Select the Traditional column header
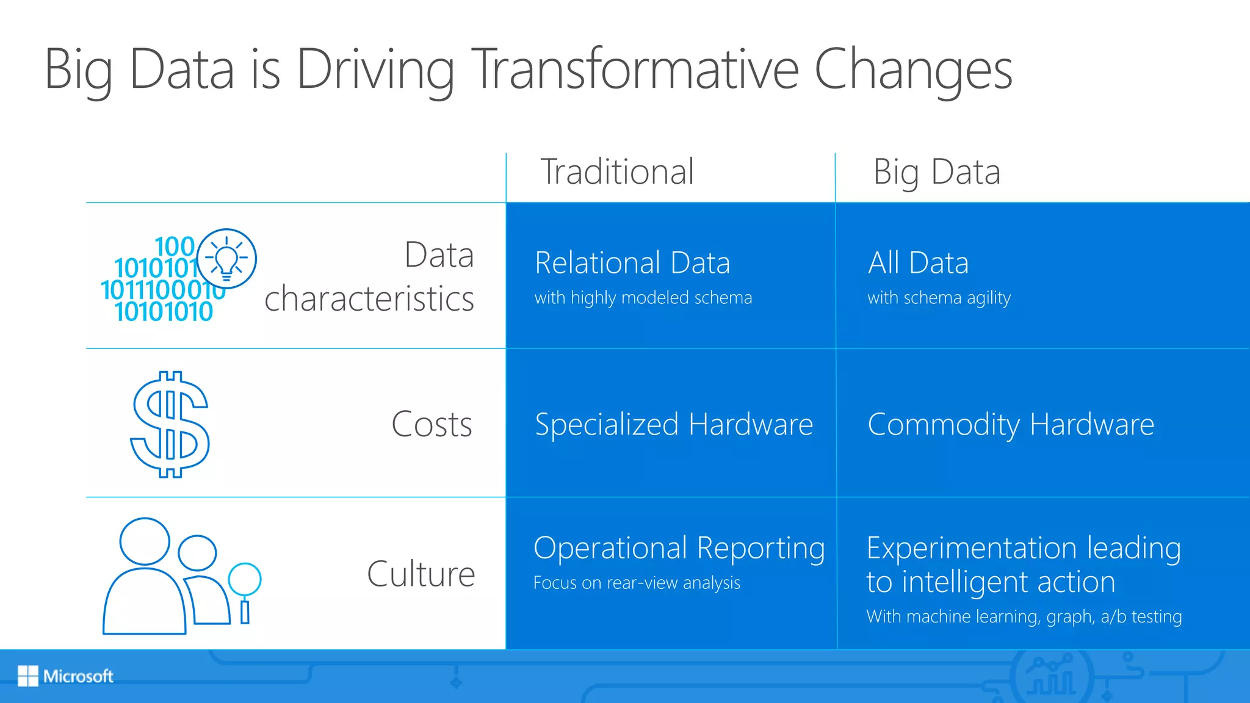[x=617, y=171]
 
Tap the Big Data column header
[x=936, y=171]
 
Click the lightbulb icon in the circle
[x=227, y=259]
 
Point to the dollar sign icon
[x=170, y=424]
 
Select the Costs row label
[x=432, y=424]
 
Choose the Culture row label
[x=421, y=574]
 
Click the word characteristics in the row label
[x=369, y=299]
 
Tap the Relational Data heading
[x=632, y=263]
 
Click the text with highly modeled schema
[x=643, y=298]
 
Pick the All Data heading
[x=918, y=263]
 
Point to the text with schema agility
[x=939, y=298]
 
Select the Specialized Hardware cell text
[x=673, y=424]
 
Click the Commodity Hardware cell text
[x=1011, y=424]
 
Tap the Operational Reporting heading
[x=679, y=548]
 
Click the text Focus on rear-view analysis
[x=637, y=583]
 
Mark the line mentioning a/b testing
[x=1024, y=616]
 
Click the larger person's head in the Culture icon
[x=145, y=541]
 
